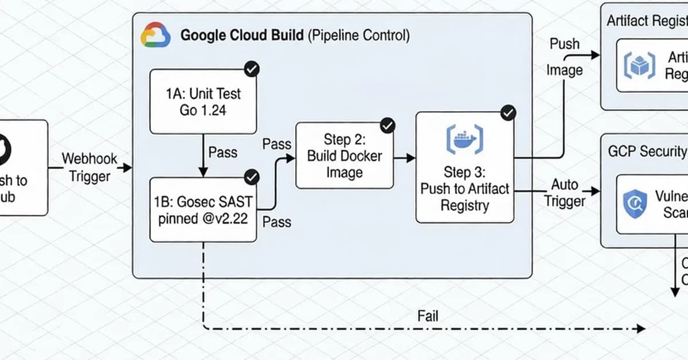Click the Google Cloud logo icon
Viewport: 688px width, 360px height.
click(x=155, y=35)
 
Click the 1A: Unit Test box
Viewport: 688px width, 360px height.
click(x=203, y=102)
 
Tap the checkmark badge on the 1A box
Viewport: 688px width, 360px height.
click(x=251, y=69)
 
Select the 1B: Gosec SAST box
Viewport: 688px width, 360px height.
click(x=203, y=210)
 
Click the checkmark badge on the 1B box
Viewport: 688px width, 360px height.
click(x=251, y=177)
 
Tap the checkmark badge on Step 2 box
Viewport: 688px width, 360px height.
click(x=388, y=125)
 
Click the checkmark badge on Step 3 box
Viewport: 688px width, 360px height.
click(x=508, y=113)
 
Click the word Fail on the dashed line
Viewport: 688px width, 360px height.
click(x=428, y=315)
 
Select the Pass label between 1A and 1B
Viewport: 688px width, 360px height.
click(x=222, y=152)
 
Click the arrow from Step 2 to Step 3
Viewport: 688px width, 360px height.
click(x=405, y=156)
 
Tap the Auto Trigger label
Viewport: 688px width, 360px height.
click(x=565, y=193)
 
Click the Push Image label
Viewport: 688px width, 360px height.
click(x=565, y=57)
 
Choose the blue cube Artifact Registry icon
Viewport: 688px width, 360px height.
click(x=639, y=66)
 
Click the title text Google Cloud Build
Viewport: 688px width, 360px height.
click(x=242, y=36)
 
